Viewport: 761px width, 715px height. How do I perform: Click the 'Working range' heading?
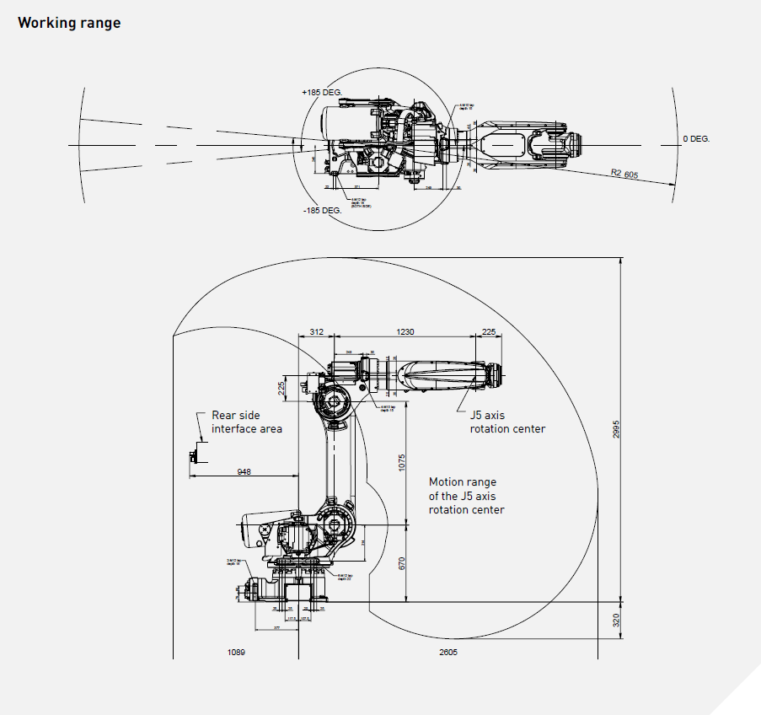coord(69,23)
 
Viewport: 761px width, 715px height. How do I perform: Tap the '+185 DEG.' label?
coord(321,91)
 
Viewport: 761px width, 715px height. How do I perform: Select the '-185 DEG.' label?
coord(322,209)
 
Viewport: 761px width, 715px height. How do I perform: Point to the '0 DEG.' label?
coord(696,138)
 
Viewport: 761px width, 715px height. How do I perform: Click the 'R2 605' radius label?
coord(624,174)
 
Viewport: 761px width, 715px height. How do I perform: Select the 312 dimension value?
coord(317,332)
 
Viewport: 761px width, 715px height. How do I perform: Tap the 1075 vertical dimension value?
coord(402,463)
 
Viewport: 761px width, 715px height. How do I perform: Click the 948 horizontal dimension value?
coord(243,472)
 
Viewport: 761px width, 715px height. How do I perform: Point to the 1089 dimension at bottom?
coord(236,653)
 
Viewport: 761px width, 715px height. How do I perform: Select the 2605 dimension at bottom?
coord(448,653)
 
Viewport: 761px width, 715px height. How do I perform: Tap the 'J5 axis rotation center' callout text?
coord(506,422)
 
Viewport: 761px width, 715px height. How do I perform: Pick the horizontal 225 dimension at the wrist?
coord(488,332)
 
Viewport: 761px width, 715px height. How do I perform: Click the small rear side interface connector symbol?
coord(193,456)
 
